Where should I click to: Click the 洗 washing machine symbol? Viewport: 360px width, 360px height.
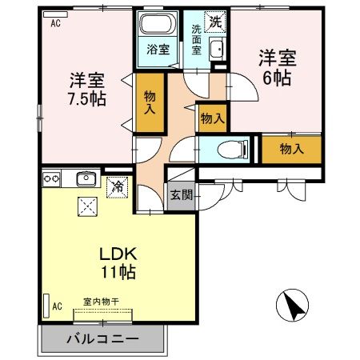(214, 22)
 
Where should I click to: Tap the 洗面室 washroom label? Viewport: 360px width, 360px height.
(197, 39)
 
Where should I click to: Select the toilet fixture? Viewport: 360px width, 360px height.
(228, 149)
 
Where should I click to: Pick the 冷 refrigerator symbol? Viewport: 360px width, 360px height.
(118, 186)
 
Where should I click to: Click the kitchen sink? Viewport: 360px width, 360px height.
(85, 178)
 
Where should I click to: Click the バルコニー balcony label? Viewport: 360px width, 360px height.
(102, 339)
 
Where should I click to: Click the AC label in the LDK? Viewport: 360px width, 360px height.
(58, 306)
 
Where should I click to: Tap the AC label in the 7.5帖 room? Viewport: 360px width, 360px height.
(55, 24)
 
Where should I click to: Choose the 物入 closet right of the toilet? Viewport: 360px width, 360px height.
(290, 149)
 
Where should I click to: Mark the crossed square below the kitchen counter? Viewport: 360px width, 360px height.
(86, 206)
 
